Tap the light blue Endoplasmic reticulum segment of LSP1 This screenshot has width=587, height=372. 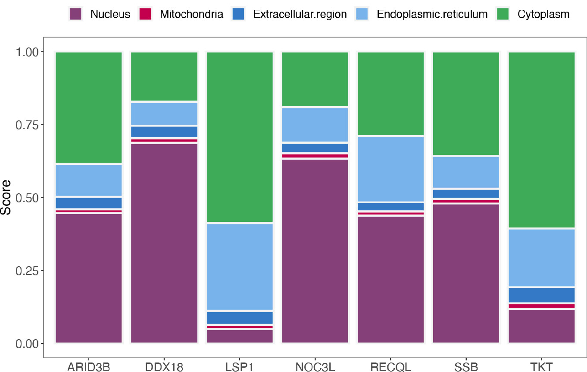click(x=240, y=267)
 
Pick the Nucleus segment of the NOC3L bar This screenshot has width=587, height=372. click(x=315, y=251)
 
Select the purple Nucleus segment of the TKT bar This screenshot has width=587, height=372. click(x=542, y=326)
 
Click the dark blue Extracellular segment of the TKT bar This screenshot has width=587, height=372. click(x=542, y=295)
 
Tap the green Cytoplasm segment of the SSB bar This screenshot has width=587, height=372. click(x=466, y=103)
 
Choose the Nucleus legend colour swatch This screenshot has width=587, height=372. click(x=75, y=14)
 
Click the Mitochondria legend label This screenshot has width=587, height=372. click(x=191, y=14)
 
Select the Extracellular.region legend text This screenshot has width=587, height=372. click(x=300, y=14)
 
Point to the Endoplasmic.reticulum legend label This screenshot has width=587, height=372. click(x=432, y=14)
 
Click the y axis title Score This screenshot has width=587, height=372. click(x=6, y=198)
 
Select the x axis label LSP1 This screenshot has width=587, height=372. click(x=240, y=367)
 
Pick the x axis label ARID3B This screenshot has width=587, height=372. click(x=89, y=367)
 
